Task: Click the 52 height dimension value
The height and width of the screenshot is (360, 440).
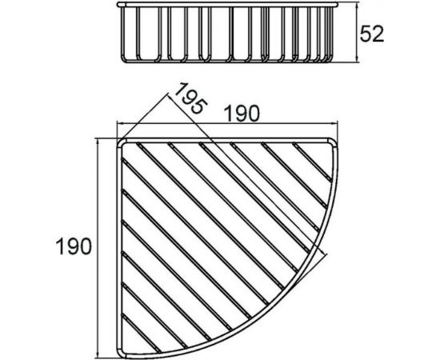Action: (x=371, y=34)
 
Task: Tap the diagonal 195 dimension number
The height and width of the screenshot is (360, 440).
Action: (x=191, y=98)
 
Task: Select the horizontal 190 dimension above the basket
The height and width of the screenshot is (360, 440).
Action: (x=242, y=114)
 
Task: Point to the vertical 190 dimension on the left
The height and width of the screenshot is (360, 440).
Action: (x=74, y=246)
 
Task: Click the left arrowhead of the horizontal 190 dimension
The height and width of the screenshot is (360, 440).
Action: (x=119, y=123)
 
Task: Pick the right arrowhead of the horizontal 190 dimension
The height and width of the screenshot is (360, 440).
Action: (x=334, y=123)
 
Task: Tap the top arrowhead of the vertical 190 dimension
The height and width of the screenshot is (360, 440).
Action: (x=98, y=142)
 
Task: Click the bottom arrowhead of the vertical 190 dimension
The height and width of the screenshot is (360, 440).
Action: (x=98, y=355)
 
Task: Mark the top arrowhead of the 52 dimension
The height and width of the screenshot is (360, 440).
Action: (x=357, y=6)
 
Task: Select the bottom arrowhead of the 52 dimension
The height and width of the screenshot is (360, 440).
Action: (x=357, y=58)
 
